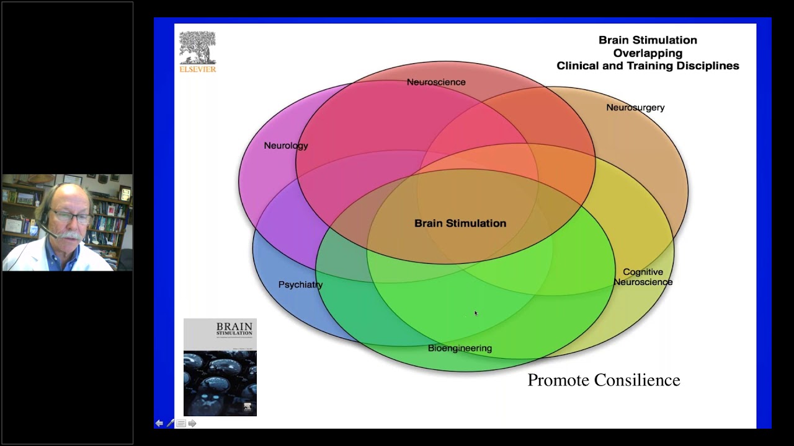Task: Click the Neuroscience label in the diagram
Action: pos(436,82)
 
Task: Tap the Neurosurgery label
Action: pos(635,108)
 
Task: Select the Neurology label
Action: pos(285,146)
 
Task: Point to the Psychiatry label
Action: pos(300,285)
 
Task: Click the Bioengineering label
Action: pos(460,348)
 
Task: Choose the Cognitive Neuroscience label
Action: pos(643,277)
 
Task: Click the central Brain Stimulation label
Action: pos(460,224)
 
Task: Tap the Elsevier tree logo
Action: pos(197,48)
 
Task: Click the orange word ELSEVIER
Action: pos(198,69)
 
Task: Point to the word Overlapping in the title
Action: pos(648,53)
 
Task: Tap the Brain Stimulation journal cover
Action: pos(220,367)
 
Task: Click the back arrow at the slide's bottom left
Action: pos(159,423)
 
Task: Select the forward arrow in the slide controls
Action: pos(192,423)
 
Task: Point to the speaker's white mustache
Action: pos(71,235)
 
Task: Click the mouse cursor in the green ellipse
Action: pos(476,313)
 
